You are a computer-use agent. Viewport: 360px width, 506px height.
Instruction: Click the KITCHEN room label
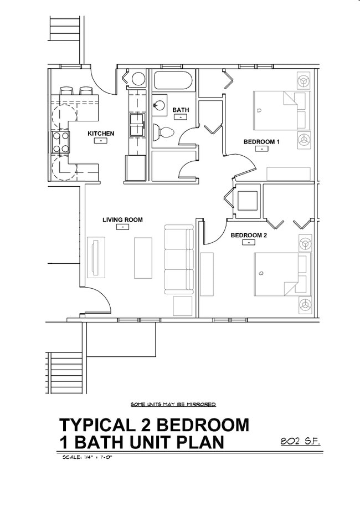(x=101, y=134)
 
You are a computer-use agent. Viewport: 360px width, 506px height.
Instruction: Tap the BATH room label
(x=181, y=110)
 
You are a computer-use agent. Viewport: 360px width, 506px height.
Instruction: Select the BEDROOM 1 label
(x=261, y=142)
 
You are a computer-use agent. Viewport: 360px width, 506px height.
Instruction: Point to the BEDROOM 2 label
(x=249, y=235)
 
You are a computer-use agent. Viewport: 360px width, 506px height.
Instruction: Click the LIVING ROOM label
(x=122, y=220)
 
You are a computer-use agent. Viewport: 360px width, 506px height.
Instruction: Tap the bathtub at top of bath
(x=173, y=81)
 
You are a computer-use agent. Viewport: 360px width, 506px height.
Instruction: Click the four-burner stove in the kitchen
(x=61, y=142)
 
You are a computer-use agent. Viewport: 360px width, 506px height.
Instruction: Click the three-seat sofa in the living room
(x=178, y=259)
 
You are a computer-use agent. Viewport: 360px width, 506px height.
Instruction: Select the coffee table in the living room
(x=143, y=258)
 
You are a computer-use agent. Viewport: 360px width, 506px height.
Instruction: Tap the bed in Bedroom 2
(x=280, y=274)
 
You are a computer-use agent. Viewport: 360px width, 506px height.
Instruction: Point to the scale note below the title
(x=85, y=458)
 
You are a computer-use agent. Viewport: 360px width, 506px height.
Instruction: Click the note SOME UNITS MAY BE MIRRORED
(x=173, y=405)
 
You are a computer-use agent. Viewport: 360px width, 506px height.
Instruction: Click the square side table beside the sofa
(x=182, y=306)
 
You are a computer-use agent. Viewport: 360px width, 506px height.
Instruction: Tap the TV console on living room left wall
(x=96, y=258)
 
